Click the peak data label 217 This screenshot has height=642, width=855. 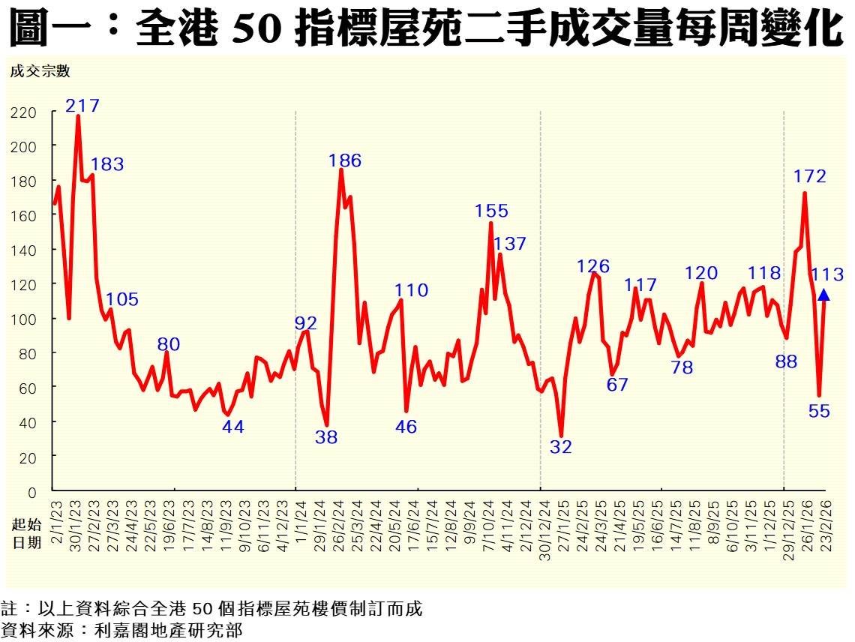click(x=82, y=106)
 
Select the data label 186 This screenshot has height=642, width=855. click(x=345, y=160)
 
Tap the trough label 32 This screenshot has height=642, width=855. click(x=560, y=448)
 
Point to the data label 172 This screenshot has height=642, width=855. click(x=810, y=177)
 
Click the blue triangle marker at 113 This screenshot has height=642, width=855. click(x=823, y=295)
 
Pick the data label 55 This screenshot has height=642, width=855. click(x=820, y=411)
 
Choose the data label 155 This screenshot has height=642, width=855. click(x=491, y=211)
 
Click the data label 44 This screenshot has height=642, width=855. click(x=233, y=427)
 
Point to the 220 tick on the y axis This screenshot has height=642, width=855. click(x=23, y=112)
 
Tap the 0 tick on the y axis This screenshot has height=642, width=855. click(x=31, y=492)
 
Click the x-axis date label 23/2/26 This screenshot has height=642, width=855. click(x=824, y=524)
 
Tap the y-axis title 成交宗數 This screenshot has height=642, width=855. click(x=40, y=71)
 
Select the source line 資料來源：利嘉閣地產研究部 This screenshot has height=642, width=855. click(x=123, y=630)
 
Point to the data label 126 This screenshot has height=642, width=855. click(x=593, y=266)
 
